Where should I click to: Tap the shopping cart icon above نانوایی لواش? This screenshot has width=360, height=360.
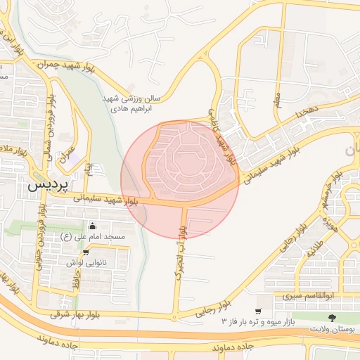click(x=86, y=252)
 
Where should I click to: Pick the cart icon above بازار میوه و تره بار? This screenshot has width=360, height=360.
click(x=258, y=310)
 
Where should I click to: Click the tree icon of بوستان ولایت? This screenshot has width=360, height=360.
click(x=333, y=319)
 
